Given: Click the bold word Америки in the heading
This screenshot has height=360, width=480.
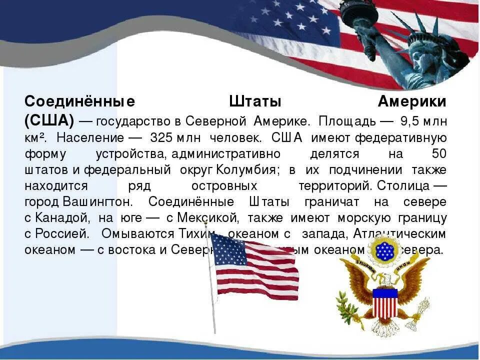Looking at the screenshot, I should pos(411,102).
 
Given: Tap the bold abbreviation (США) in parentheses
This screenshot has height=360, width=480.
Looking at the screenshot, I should pos(49,120).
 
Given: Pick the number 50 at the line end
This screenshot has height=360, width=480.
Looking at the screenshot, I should pos(438,153).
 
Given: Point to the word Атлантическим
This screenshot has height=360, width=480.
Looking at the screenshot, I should pos(400,234).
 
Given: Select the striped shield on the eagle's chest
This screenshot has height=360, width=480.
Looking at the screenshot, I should pos(385,303).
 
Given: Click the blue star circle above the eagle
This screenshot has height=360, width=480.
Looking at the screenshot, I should pos(384,248).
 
